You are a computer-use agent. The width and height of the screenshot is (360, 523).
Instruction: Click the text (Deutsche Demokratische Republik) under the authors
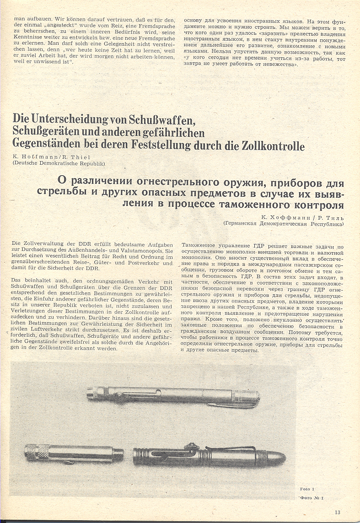click(59, 163)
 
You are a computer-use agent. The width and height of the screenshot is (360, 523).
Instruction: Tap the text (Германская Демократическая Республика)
click(284, 223)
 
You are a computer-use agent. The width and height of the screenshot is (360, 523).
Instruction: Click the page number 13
click(337, 512)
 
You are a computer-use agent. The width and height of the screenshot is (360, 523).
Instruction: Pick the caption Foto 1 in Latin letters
click(307, 489)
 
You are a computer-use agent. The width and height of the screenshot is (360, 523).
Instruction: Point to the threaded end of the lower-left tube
click(120, 454)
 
